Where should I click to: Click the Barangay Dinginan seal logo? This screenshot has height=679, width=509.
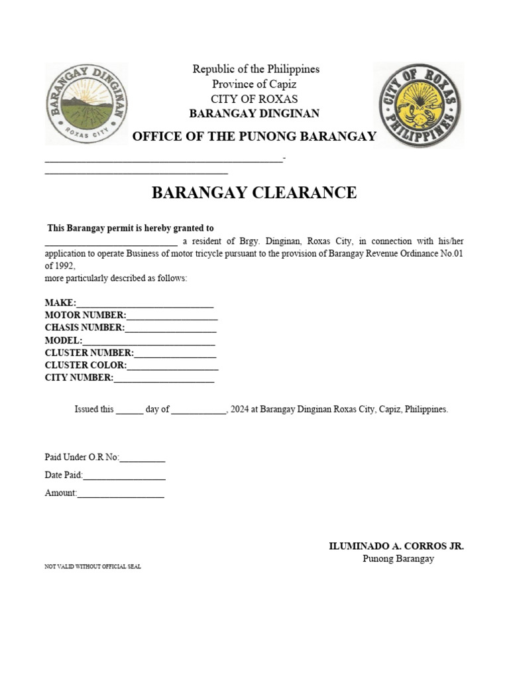pyautogui.click(x=87, y=103)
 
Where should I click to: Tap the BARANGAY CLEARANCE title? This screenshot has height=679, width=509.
pyautogui.click(x=254, y=193)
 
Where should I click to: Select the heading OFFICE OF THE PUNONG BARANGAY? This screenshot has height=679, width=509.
pyautogui.click(x=254, y=137)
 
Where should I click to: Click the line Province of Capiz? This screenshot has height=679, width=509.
pyautogui.click(x=254, y=84)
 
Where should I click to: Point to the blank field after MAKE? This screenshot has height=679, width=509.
pyautogui.click(x=145, y=303)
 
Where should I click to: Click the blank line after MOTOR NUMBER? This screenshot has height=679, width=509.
pyautogui.click(x=172, y=316)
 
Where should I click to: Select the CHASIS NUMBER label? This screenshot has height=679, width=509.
pyautogui.click(x=84, y=328)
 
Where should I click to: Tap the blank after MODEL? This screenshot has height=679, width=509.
pyautogui.click(x=148, y=340)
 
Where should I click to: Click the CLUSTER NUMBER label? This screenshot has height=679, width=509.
pyautogui.click(x=89, y=353)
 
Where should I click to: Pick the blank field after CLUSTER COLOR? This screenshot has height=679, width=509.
pyautogui.click(x=172, y=365)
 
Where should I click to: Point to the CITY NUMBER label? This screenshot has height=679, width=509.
pyautogui.click(x=79, y=378)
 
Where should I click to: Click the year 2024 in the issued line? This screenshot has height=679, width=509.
pyautogui.click(x=240, y=409)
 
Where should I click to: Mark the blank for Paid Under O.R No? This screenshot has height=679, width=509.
pyautogui.click(x=142, y=458)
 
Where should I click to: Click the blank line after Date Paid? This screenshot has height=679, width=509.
pyautogui.click(x=124, y=475)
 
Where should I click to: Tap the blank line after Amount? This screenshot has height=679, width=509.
pyautogui.click(x=121, y=493)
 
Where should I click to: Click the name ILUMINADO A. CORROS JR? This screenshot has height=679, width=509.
pyautogui.click(x=396, y=546)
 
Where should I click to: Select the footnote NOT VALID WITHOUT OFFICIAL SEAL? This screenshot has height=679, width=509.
pyautogui.click(x=93, y=567)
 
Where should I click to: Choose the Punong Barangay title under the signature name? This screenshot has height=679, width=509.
pyautogui.click(x=398, y=559)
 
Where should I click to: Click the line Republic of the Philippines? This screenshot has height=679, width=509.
pyautogui.click(x=256, y=69)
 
